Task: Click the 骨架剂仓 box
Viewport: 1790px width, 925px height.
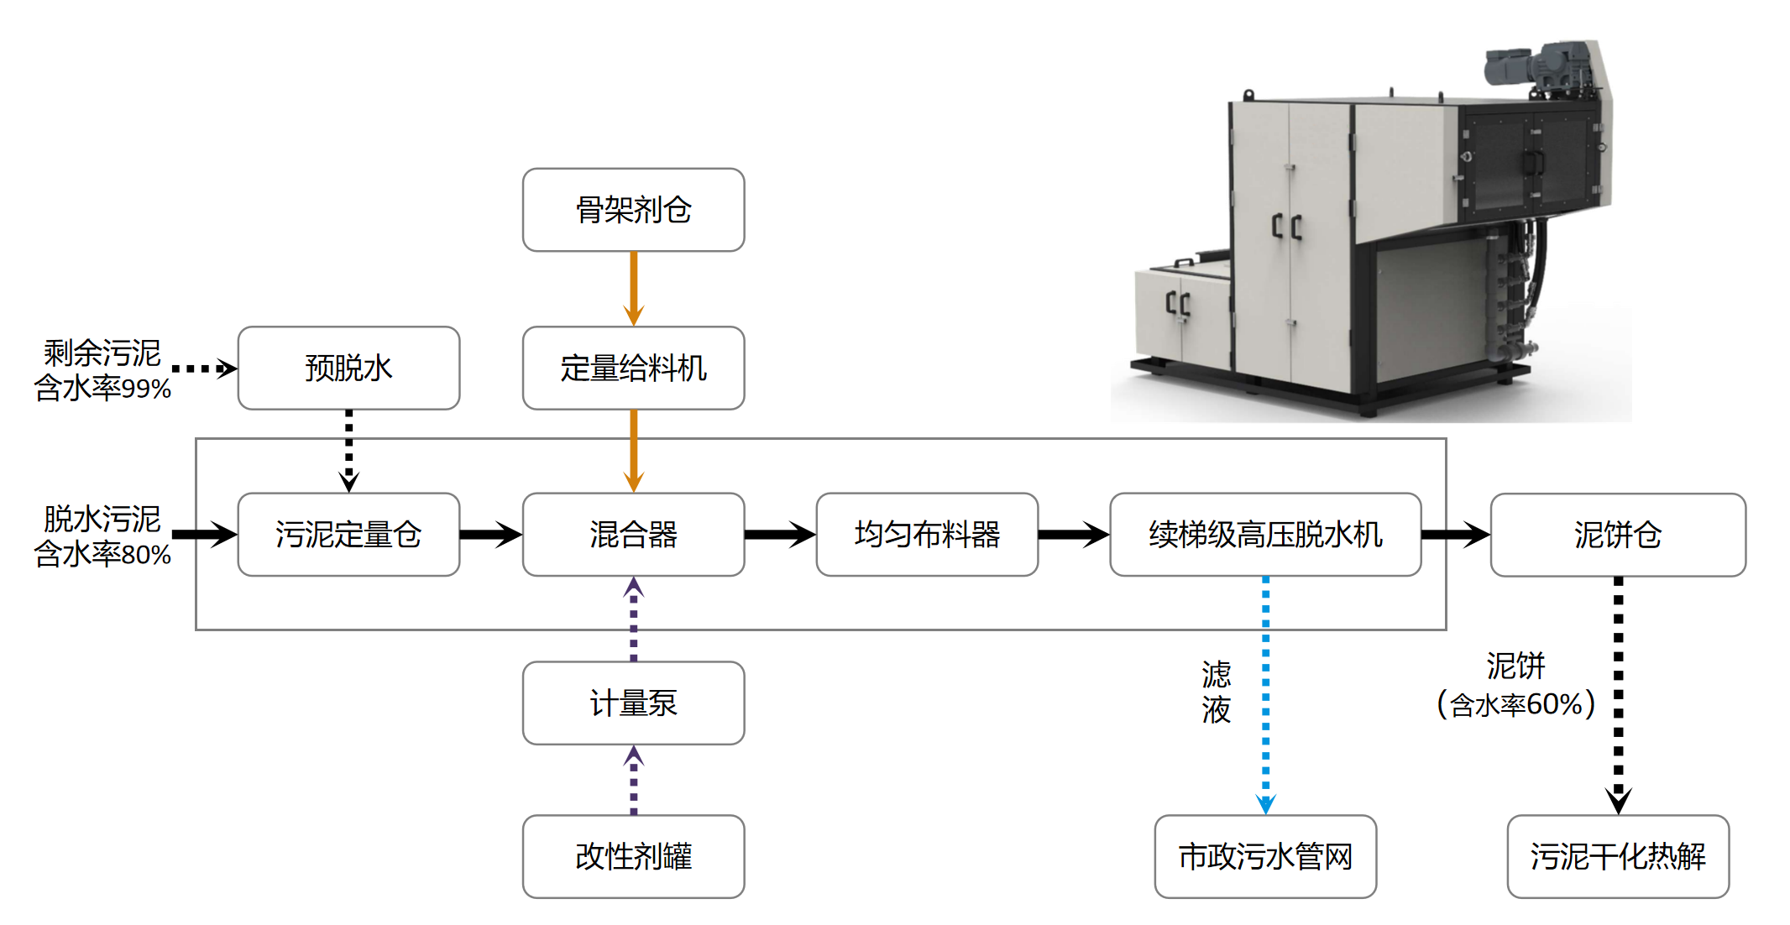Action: pos(633,210)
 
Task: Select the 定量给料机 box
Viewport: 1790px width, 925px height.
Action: pos(633,368)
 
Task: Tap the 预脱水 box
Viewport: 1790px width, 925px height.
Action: pos(348,368)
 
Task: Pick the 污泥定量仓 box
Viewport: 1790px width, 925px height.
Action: pos(348,534)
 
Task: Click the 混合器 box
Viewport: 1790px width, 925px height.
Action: pos(633,534)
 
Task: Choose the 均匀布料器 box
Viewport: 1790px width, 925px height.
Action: pos(927,534)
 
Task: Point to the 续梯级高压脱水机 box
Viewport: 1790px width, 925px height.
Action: pos(1265,534)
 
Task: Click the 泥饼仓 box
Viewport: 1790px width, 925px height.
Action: pos(1618,534)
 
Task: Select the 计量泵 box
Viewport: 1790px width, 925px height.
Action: pos(633,703)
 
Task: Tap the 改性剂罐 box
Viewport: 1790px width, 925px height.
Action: pos(633,856)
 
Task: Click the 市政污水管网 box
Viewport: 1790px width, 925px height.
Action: pos(1265,856)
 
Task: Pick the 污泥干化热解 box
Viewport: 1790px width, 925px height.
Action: pos(1618,856)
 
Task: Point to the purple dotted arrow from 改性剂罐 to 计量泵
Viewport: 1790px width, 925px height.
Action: pos(634,781)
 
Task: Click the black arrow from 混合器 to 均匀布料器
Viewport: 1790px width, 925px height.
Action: pos(779,534)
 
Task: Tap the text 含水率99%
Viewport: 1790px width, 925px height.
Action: pos(102,389)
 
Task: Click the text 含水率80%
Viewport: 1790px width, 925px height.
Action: pos(102,555)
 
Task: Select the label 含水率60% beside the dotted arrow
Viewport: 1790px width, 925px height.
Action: pos(1516,704)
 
